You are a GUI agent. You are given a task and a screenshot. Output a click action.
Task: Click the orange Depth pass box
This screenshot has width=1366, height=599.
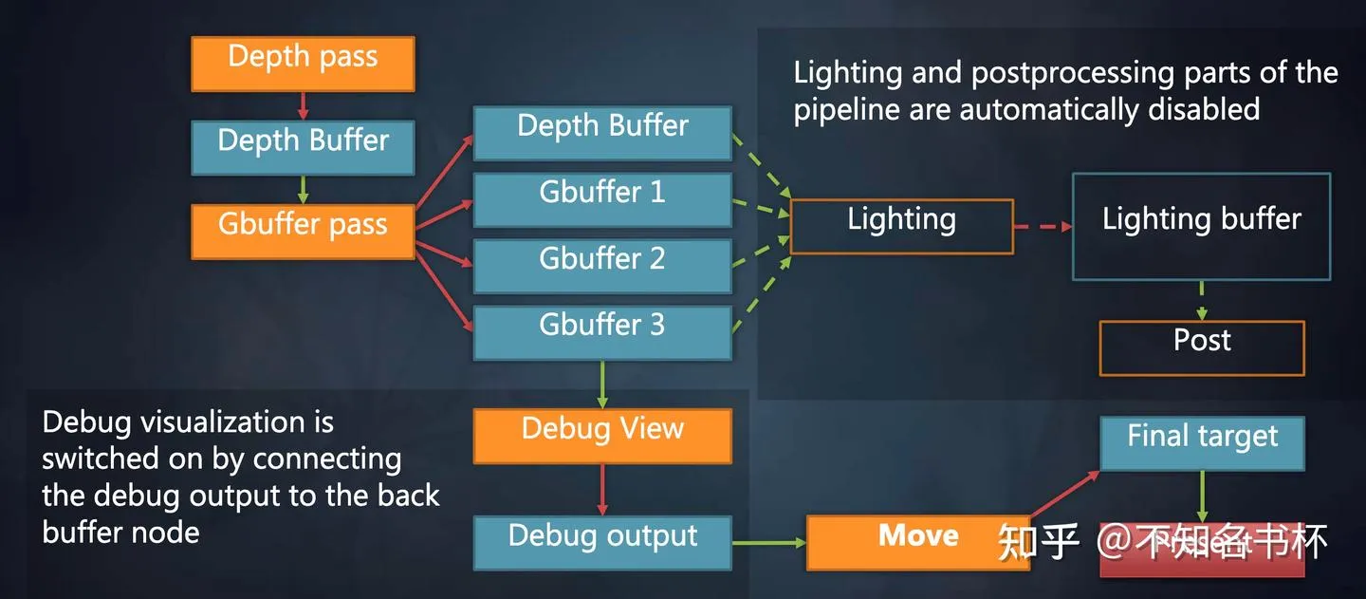(x=303, y=64)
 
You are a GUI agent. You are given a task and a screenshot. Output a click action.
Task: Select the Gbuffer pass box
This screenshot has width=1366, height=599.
(x=303, y=231)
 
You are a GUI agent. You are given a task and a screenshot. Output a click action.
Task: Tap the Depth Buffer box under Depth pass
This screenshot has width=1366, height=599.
(x=303, y=147)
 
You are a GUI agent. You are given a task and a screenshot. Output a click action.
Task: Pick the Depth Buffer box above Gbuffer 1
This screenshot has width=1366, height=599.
(x=602, y=132)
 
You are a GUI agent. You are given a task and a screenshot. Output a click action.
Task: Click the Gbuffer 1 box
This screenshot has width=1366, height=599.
(x=602, y=198)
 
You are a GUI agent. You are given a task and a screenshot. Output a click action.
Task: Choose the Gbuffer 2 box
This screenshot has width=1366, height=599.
(x=602, y=265)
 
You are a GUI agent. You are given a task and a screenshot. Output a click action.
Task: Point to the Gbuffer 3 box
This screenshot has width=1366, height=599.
(x=602, y=331)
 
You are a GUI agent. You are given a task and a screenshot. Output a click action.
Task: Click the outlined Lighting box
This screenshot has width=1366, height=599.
(x=901, y=226)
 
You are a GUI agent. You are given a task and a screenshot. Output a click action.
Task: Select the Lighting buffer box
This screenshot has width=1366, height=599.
(x=1201, y=226)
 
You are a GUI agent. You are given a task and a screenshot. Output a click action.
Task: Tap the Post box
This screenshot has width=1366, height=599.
(x=1202, y=347)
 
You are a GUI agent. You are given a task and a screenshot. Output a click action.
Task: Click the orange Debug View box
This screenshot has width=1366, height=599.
(x=602, y=435)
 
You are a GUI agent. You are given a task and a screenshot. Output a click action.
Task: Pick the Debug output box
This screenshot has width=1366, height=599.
(x=602, y=542)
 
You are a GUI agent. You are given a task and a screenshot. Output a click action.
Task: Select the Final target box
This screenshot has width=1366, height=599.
(x=1202, y=442)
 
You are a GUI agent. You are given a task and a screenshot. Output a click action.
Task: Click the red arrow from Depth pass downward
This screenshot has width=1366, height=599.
(x=304, y=105)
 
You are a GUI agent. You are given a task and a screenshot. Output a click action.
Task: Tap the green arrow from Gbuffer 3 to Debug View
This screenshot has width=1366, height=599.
(x=602, y=384)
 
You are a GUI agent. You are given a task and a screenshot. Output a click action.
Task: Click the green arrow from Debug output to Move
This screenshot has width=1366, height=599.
(x=768, y=543)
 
